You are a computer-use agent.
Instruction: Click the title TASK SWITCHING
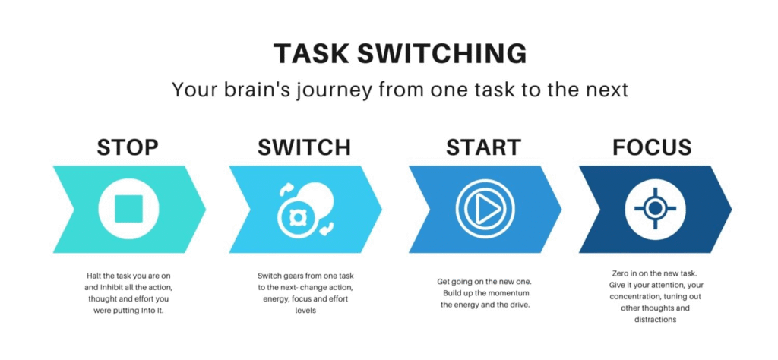pyautogui.click(x=400, y=53)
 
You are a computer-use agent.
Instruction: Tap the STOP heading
pyautogui.click(x=128, y=147)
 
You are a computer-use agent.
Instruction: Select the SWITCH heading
pyautogui.click(x=304, y=147)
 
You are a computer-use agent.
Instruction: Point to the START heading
pyautogui.click(x=483, y=147)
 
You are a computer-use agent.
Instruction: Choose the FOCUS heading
pyautogui.click(x=651, y=147)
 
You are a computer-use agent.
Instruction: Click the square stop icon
pyautogui.click(x=128, y=209)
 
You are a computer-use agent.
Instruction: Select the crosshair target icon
pyautogui.click(x=655, y=208)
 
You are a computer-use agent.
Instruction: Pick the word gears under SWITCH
pyautogui.click(x=294, y=276)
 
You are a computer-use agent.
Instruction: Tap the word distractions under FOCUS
pyautogui.click(x=655, y=320)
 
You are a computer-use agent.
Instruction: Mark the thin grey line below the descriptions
pyautogui.click(x=396, y=330)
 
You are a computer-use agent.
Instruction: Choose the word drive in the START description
pyautogui.click(x=521, y=305)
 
